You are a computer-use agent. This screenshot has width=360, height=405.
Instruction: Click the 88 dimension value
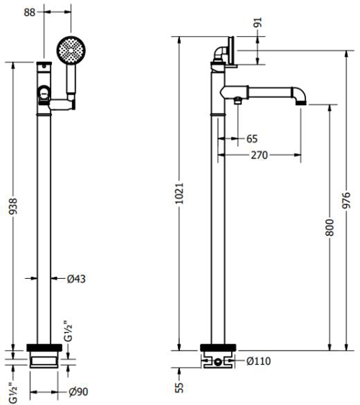(50, 11)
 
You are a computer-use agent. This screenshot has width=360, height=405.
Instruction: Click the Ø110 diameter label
(258, 361)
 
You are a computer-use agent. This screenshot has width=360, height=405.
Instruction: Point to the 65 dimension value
(251, 138)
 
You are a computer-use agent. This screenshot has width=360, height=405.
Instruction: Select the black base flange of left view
(45, 348)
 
